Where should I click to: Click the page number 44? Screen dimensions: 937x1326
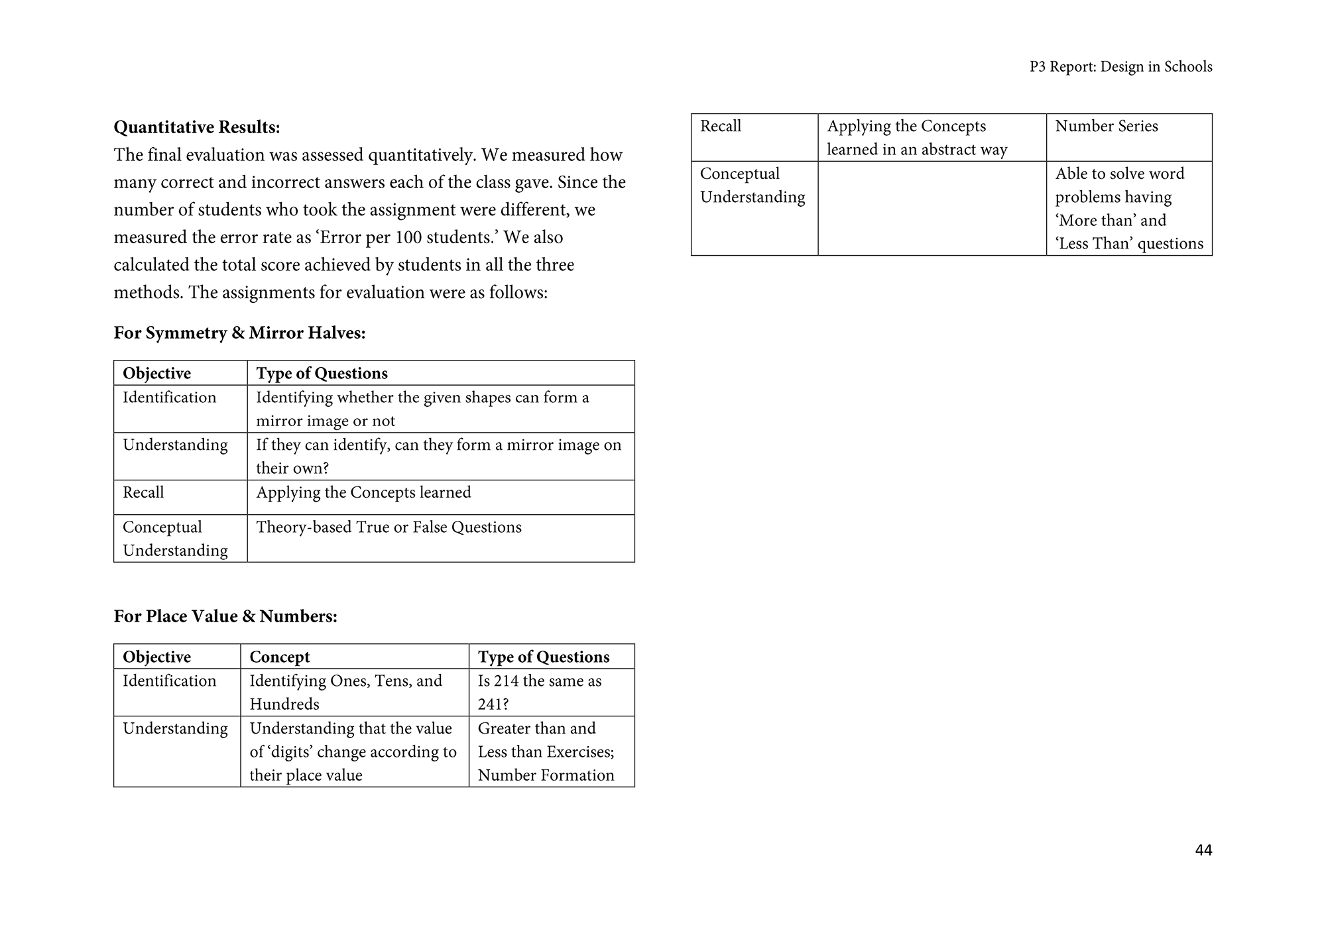click(x=1203, y=850)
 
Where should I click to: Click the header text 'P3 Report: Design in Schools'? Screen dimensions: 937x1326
click(x=1120, y=67)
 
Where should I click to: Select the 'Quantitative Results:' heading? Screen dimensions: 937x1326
click(x=197, y=127)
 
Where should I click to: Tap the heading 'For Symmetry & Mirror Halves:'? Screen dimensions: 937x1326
click(x=239, y=333)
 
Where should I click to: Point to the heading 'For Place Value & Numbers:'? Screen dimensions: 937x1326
click(x=225, y=616)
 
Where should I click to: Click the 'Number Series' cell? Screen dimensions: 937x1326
click(x=1106, y=127)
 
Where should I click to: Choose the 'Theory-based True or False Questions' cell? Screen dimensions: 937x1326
click(x=389, y=527)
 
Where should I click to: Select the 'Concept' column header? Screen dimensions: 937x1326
click(x=279, y=657)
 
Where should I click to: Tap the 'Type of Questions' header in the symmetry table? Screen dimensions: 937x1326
click(x=322, y=373)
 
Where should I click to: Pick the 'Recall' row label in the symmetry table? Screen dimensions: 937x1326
click(x=143, y=492)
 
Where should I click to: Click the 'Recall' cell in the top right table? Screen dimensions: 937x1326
click(x=720, y=127)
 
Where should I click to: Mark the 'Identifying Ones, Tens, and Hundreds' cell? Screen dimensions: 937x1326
click(x=345, y=692)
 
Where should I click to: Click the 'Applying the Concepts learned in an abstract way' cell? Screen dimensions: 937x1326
click(x=917, y=138)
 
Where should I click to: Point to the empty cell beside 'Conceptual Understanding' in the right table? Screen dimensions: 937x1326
click(x=932, y=208)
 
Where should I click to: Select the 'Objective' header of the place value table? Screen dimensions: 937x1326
click(x=156, y=657)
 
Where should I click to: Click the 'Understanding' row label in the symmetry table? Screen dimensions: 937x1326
click(x=175, y=445)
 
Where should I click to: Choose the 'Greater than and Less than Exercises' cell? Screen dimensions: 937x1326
click(x=546, y=740)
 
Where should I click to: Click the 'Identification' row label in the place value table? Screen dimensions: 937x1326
click(x=169, y=681)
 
